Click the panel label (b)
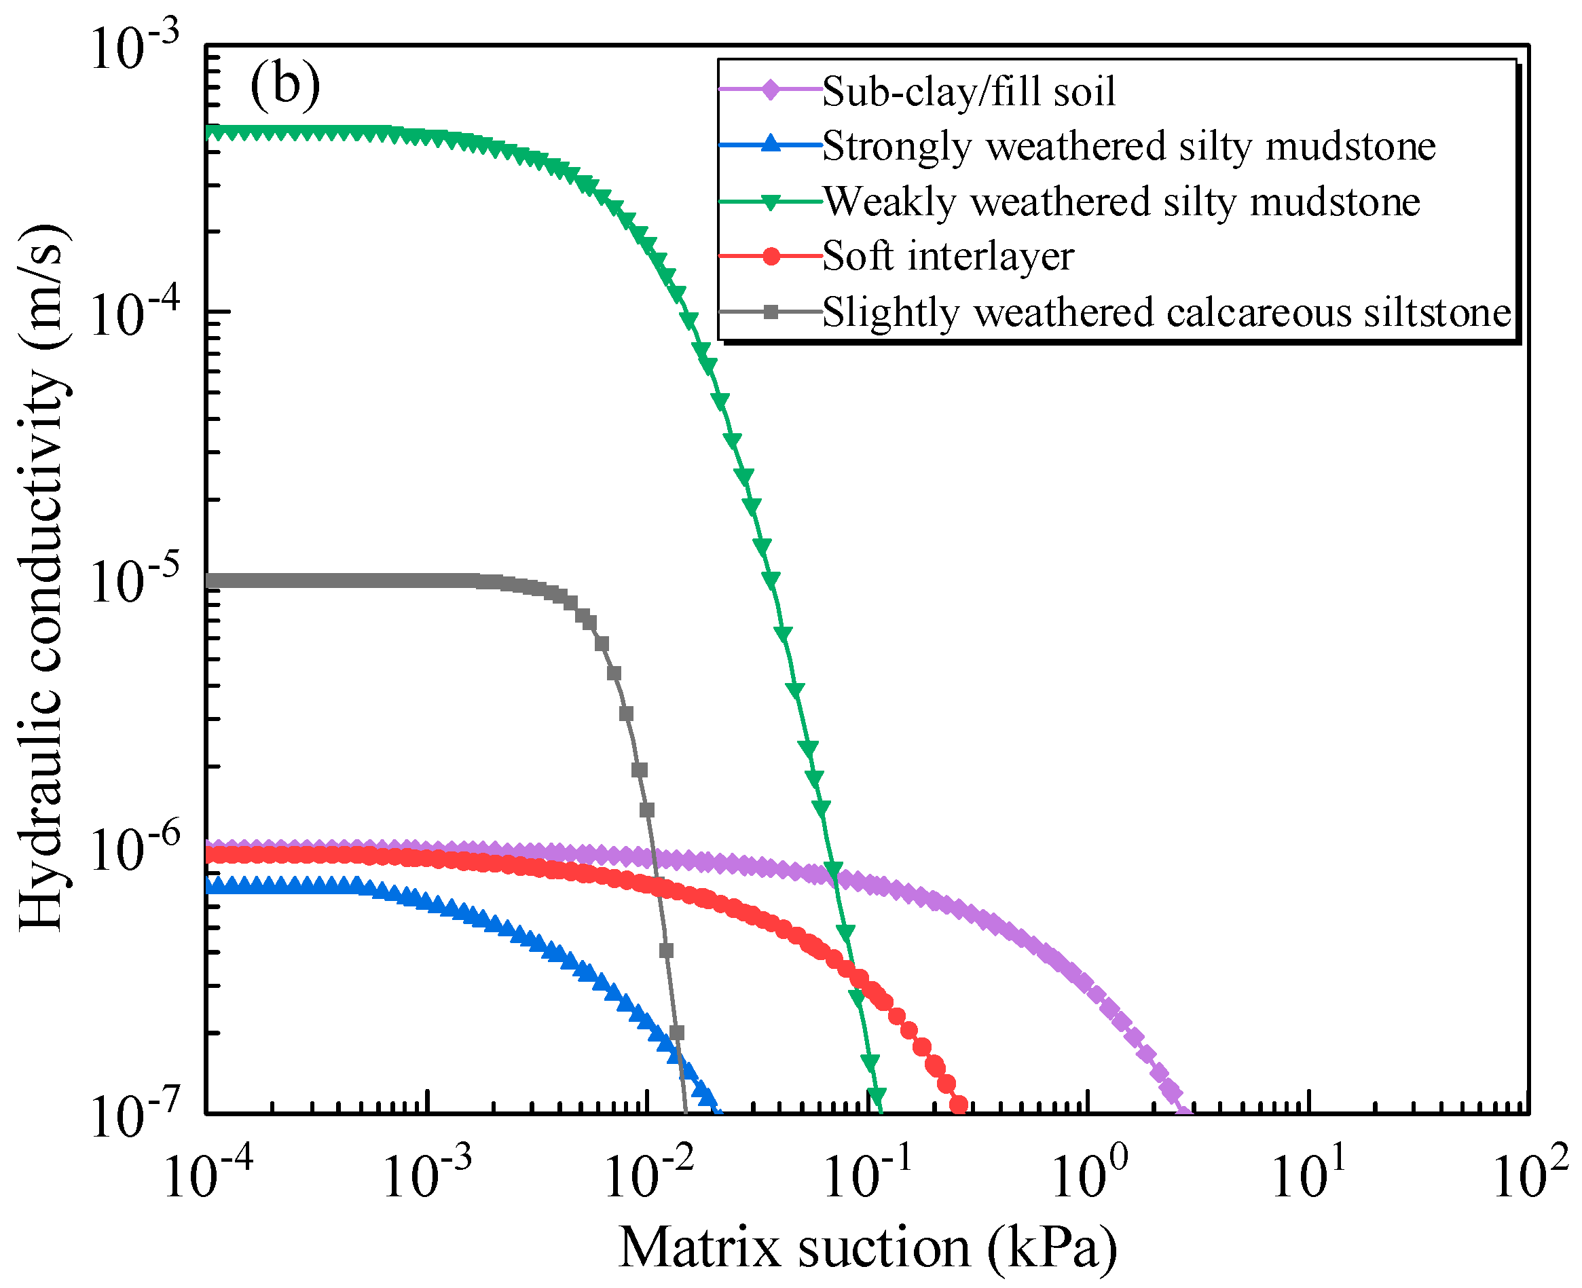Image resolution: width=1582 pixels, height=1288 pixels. click(x=285, y=86)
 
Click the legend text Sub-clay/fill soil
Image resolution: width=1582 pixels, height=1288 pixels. click(x=968, y=92)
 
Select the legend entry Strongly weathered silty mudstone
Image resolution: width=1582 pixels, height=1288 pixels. click(x=1128, y=146)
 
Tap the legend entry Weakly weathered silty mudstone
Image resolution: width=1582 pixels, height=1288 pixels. click(x=1121, y=202)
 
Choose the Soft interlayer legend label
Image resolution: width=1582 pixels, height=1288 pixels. click(x=948, y=257)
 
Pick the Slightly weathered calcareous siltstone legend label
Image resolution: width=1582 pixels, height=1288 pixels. click(x=1166, y=312)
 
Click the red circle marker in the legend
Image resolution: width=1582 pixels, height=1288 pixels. click(x=772, y=257)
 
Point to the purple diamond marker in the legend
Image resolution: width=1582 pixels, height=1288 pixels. click(x=772, y=91)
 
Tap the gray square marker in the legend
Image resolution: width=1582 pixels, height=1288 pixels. click(x=772, y=312)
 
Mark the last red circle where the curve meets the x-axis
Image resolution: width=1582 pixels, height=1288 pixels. click(x=959, y=1105)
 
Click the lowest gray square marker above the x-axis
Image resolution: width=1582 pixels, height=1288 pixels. click(x=676, y=1032)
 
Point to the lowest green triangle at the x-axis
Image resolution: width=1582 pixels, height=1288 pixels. click(x=877, y=1096)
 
